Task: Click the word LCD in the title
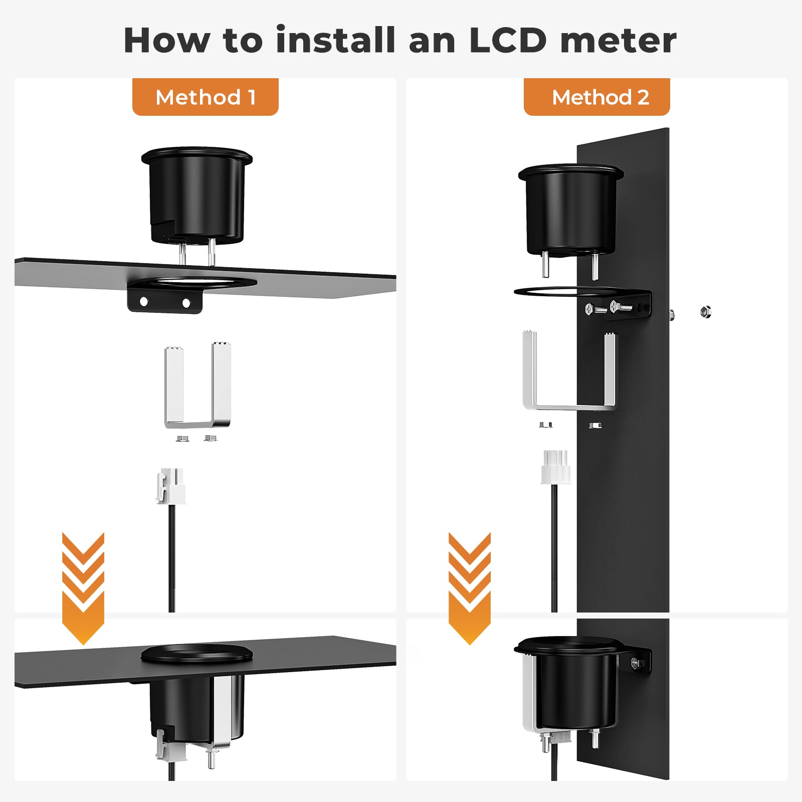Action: click(508, 40)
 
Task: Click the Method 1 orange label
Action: click(206, 97)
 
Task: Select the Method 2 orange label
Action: click(597, 97)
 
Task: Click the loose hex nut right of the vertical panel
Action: click(706, 312)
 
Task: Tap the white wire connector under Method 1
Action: click(171, 486)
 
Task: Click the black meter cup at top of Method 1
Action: click(197, 195)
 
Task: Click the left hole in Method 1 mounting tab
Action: click(144, 302)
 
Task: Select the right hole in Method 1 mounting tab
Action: click(186, 303)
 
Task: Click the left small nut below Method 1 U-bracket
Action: click(182, 439)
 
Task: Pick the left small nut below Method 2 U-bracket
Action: click(545, 425)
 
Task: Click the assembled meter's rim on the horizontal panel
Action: click(196, 653)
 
